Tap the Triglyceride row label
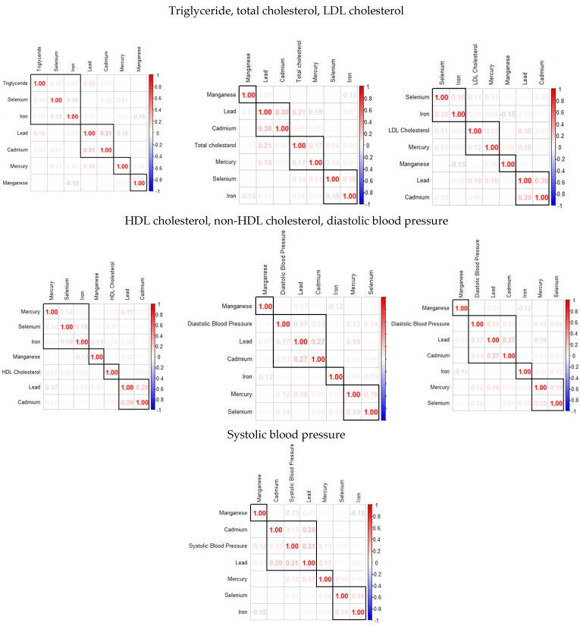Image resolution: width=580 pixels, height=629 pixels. (x=14, y=83)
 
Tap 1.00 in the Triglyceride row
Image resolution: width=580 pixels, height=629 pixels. (x=39, y=83)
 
